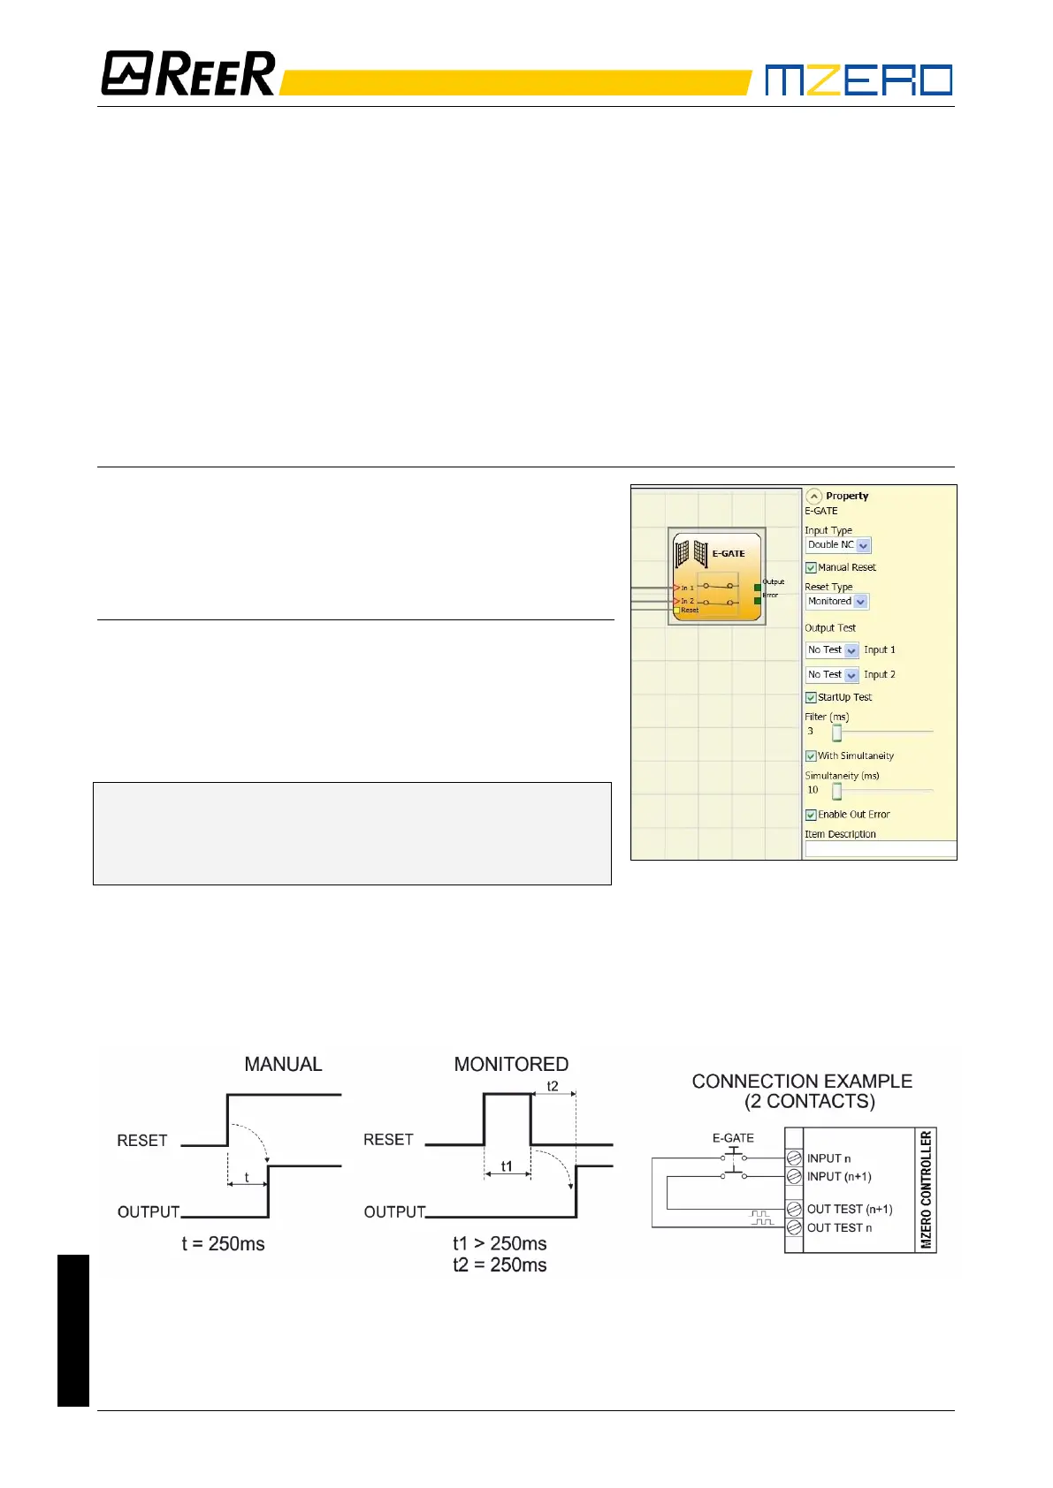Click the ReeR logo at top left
click(x=188, y=73)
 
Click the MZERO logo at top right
click(x=858, y=80)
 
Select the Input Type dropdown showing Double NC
click(x=838, y=546)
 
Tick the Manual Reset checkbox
click(x=811, y=568)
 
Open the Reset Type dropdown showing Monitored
click(x=836, y=602)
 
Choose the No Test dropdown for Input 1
click(x=832, y=650)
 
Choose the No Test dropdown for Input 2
click(x=832, y=675)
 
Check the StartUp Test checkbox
click(x=811, y=698)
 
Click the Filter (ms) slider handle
click(x=836, y=733)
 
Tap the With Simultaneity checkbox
click(x=811, y=756)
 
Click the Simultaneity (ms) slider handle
click(x=836, y=791)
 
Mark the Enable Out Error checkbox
click(x=811, y=816)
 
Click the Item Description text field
click(x=880, y=849)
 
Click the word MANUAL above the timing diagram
click(x=283, y=1065)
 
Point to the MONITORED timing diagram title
click(x=511, y=1065)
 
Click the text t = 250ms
click(x=223, y=1244)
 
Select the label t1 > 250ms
click(x=500, y=1244)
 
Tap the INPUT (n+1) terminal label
click(x=839, y=1177)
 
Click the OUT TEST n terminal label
click(x=839, y=1228)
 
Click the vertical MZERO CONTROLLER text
click(x=927, y=1189)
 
